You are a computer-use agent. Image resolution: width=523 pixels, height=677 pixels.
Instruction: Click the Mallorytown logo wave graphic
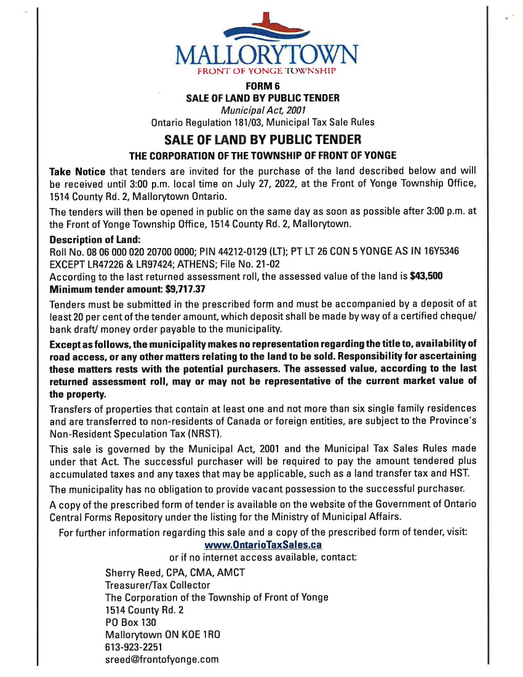266,30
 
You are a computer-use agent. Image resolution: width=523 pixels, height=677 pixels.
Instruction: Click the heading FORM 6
263,86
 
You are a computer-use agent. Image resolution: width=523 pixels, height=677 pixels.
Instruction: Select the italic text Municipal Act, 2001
263,110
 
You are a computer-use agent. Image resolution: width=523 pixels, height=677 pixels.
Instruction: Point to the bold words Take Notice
77,170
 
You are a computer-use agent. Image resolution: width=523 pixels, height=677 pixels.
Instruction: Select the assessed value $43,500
426,276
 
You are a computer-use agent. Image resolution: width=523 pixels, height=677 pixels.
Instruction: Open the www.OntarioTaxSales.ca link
263,545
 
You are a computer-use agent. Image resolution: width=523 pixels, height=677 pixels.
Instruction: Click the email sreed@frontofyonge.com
162,659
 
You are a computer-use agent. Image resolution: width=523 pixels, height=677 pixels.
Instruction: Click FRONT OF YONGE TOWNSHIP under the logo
265,71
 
